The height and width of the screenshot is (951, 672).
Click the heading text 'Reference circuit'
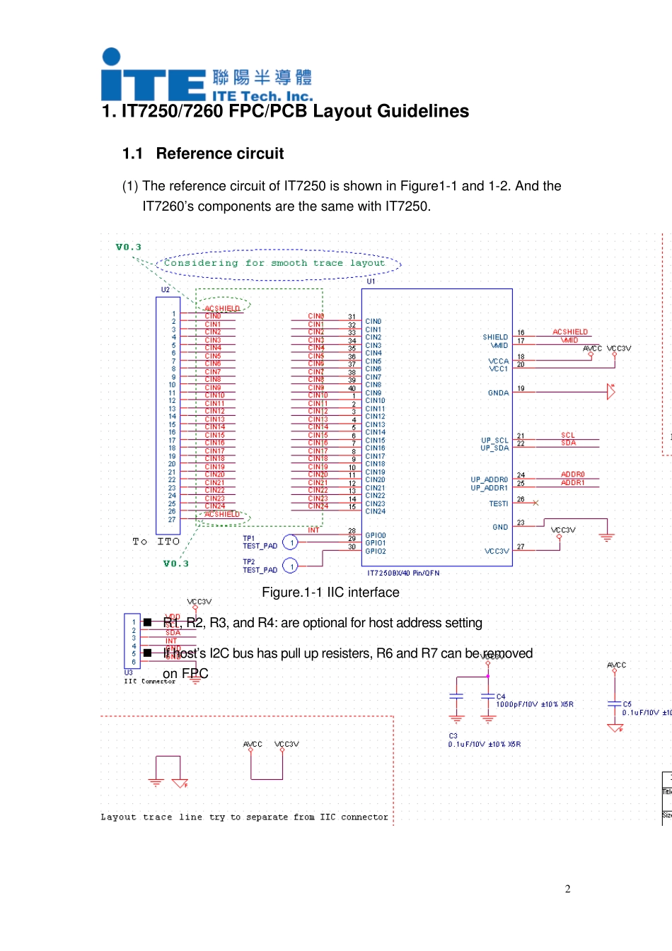pyautogui.click(x=219, y=154)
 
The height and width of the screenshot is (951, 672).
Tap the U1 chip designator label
pyautogui.click(x=371, y=281)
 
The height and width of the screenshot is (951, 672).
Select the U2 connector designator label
pyautogui.click(x=165, y=290)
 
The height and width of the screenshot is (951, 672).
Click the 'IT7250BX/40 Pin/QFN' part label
pyautogui.click(x=403, y=573)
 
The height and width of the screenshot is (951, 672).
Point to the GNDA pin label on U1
pyautogui.click(x=498, y=393)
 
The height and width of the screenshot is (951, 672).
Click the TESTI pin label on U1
pyautogui.click(x=498, y=504)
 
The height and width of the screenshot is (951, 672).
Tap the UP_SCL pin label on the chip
pyautogui.click(x=494, y=441)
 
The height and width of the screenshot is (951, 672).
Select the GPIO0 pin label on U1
pyautogui.click(x=376, y=536)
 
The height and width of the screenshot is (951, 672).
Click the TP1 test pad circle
pyautogui.click(x=290, y=542)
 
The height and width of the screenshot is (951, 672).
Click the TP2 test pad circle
pyautogui.click(x=290, y=566)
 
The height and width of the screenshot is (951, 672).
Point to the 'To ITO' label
pyautogui.click(x=156, y=542)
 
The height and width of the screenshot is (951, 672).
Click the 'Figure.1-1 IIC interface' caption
pyautogui.click(x=330, y=593)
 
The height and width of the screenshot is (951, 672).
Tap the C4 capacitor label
pyautogui.click(x=501, y=696)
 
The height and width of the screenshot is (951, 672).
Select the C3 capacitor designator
pyautogui.click(x=453, y=736)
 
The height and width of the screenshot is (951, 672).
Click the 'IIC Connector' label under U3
pyautogui.click(x=149, y=681)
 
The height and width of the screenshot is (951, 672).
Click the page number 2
pyautogui.click(x=567, y=889)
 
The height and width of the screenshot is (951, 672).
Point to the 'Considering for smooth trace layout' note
pyautogui.click(x=274, y=263)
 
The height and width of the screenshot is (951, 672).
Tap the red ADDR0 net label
pyautogui.click(x=572, y=474)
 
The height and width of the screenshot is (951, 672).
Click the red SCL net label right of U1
pyautogui.click(x=567, y=436)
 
